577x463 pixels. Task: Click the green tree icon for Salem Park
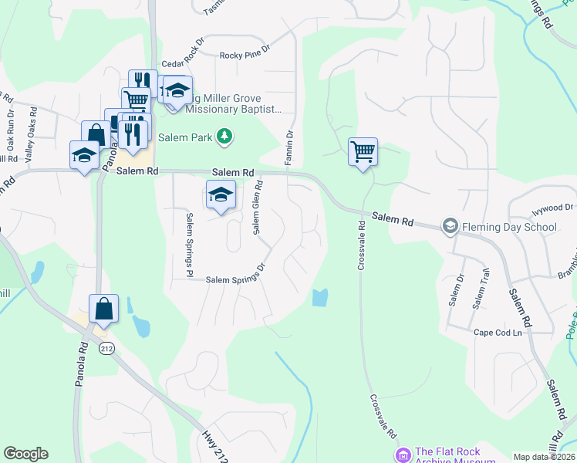(x=224, y=137)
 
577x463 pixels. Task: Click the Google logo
(x=25, y=454)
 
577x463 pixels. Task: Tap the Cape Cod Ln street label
(x=498, y=332)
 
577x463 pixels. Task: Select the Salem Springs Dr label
(x=235, y=279)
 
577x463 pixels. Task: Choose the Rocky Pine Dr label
(x=245, y=55)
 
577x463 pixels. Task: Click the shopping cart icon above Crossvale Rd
(x=363, y=151)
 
